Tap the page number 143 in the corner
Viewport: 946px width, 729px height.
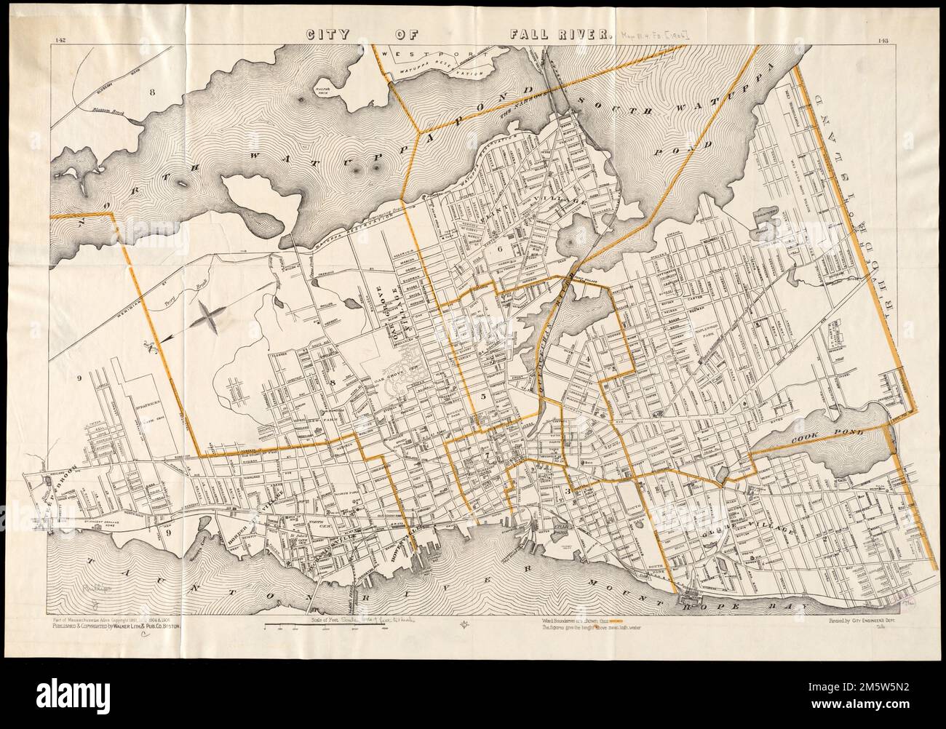pyautogui.click(x=886, y=41)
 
